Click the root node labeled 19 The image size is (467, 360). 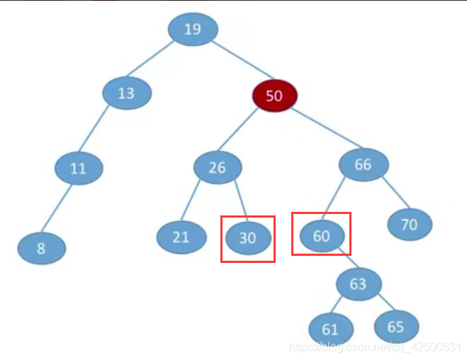pos(193,29)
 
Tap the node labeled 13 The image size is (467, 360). pos(127,94)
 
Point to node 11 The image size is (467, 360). pos(79,169)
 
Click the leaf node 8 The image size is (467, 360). pos(42,248)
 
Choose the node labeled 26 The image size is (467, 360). pos(218,167)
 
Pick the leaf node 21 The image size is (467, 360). pos(181,237)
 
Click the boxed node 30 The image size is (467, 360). pos(248,238)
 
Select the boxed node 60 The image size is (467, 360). pos(322,236)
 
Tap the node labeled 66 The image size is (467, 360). pos(364,165)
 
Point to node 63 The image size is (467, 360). pos(359,284)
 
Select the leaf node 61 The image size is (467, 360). pos(331,330)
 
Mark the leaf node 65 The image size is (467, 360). pos(396,327)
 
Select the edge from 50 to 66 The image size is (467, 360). pos(320,130)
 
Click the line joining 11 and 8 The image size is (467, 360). pos(60,210)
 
